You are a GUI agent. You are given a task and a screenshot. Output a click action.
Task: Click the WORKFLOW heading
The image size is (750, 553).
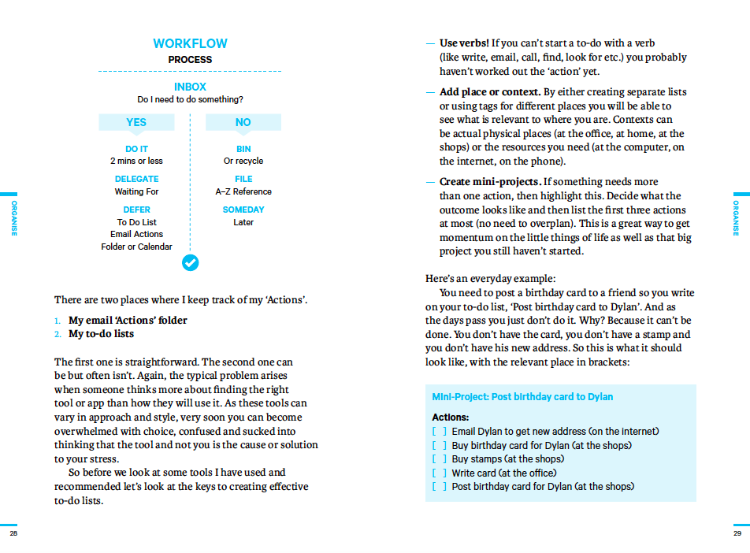click(x=190, y=44)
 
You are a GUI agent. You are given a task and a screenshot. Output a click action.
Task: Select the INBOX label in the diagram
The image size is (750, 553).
click(x=190, y=87)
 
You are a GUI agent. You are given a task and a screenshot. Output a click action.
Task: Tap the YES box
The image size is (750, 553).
click(x=136, y=122)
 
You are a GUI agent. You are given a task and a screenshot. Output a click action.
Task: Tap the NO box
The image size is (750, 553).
click(x=243, y=122)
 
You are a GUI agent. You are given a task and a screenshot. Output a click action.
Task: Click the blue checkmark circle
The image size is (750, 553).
click(x=190, y=262)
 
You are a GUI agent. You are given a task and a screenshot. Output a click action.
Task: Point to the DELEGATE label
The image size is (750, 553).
click(x=136, y=179)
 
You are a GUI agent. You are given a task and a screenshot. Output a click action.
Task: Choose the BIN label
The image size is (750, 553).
click(x=243, y=149)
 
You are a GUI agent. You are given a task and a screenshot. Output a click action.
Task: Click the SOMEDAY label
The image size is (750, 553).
click(x=243, y=210)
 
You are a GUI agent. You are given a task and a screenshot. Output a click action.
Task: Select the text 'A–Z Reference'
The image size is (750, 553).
click(x=243, y=191)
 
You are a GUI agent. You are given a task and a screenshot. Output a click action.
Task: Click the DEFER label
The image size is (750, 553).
click(x=136, y=210)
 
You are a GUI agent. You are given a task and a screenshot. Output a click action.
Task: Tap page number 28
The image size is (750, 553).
click(x=13, y=533)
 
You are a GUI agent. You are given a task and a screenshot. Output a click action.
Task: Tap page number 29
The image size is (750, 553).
click(x=737, y=533)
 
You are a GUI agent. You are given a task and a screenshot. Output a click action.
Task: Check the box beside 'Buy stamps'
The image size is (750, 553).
click(x=439, y=459)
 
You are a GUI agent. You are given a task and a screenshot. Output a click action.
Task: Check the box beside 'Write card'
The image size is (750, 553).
click(x=439, y=473)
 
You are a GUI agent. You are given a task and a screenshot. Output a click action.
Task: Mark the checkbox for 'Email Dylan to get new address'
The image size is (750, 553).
click(x=439, y=432)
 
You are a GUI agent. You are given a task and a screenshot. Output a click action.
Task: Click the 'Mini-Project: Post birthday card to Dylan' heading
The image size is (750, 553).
click(x=522, y=397)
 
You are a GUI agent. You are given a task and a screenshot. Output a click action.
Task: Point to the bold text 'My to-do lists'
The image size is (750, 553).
click(x=101, y=334)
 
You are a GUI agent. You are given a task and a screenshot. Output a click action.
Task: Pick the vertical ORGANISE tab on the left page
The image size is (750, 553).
click(x=14, y=218)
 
